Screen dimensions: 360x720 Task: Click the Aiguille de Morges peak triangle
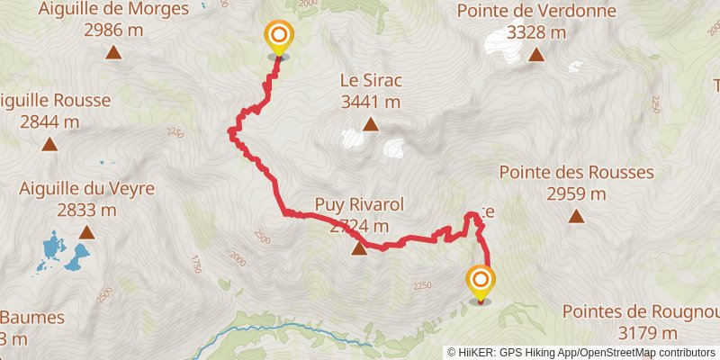[113, 52]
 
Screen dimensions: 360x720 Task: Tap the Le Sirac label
[369, 80]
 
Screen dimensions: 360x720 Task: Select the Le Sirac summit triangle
[370, 124]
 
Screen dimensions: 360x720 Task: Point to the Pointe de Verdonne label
[535, 11]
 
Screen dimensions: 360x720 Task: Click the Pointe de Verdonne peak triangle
[536, 55]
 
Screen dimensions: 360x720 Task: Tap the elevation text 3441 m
[370, 102]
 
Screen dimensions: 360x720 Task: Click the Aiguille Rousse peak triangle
[50, 143]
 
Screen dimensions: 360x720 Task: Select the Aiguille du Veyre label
[87, 189]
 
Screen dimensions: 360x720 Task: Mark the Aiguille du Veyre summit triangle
[86, 233]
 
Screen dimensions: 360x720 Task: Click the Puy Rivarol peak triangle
[359, 249]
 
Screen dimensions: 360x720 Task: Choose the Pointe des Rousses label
[576, 171]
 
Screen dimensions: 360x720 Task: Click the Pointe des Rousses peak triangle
[576, 215]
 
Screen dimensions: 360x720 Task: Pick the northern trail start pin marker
[279, 39]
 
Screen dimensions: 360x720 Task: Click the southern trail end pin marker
[481, 281]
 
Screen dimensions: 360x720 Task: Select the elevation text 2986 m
[113, 31]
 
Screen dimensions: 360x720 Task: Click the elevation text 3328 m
[535, 32]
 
